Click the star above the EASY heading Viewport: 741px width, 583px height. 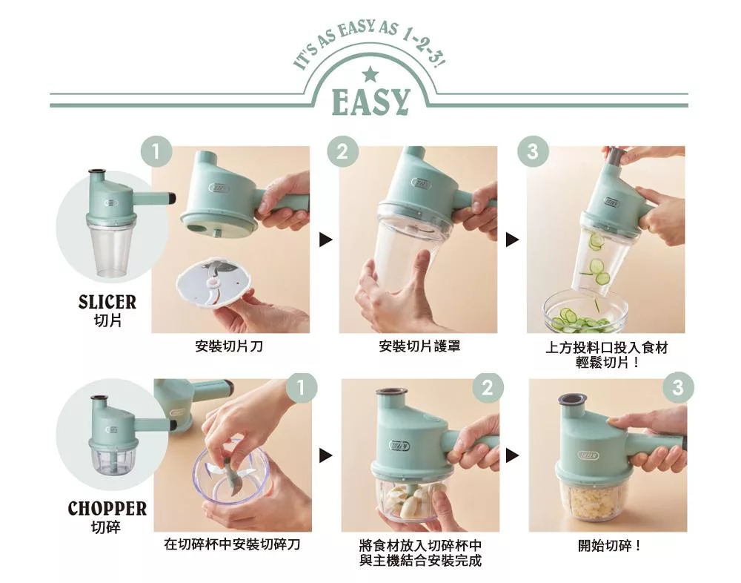point(370,74)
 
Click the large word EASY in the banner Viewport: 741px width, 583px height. point(370,102)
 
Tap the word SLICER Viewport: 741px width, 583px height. point(107,302)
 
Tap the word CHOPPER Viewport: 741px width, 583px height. point(107,508)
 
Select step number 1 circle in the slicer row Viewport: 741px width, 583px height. point(156,151)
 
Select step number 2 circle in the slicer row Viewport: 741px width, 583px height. point(342,151)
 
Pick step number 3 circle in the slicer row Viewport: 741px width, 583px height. point(533,151)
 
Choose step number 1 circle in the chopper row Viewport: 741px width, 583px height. point(302,388)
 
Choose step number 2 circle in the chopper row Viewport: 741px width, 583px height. point(488,388)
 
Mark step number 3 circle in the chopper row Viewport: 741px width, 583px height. point(678,388)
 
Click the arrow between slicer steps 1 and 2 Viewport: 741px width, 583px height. point(325,240)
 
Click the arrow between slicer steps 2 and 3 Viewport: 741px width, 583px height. point(512,240)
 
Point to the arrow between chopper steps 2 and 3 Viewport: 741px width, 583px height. point(512,455)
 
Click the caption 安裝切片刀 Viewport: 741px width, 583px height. point(229,346)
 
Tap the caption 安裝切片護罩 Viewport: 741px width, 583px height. point(419,346)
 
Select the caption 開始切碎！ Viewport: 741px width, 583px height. point(610,546)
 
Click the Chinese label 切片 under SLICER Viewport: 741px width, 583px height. point(107,320)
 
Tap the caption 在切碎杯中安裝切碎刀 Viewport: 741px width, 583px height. point(232,544)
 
